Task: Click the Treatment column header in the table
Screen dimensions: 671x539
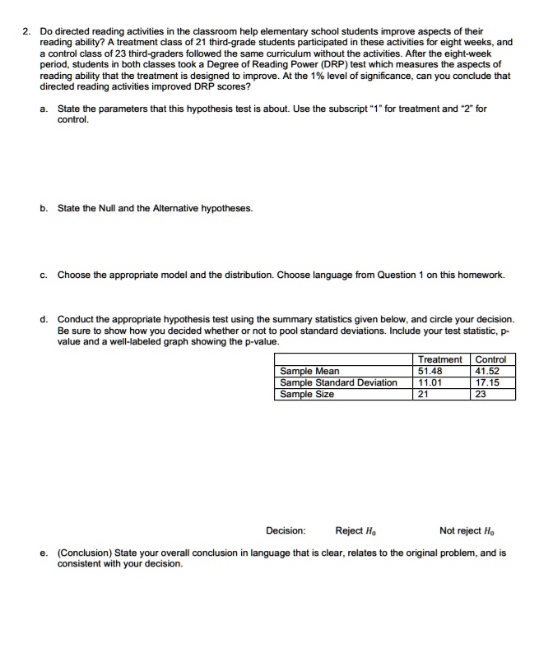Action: tap(440, 359)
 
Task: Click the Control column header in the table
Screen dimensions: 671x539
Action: tap(490, 359)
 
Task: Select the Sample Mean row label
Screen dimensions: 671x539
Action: tap(309, 371)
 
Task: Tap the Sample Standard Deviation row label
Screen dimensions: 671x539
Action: tap(338, 382)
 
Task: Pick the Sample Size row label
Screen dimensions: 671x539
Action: tap(307, 394)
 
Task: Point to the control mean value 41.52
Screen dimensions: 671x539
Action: tap(488, 371)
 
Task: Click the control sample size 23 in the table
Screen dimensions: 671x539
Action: tap(482, 394)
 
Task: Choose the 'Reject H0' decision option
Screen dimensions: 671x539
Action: tap(355, 530)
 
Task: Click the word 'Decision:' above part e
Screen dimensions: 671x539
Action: tap(286, 530)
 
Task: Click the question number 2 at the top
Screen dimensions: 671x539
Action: tap(26, 31)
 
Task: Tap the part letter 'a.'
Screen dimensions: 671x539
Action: tap(44, 108)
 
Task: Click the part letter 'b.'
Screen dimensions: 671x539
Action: tap(44, 208)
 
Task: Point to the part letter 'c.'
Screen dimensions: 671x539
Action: tap(44, 275)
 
